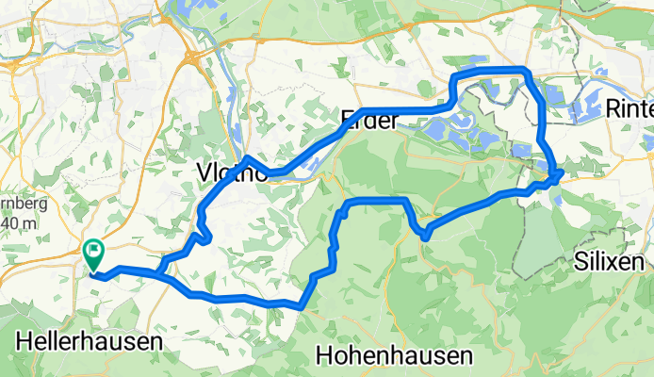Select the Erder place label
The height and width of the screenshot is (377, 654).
pyautogui.click(x=369, y=120)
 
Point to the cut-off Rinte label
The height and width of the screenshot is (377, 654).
pyautogui.click(x=629, y=108)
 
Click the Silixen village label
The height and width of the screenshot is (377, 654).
pyautogui.click(x=613, y=263)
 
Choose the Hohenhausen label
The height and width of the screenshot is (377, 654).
pyautogui.click(x=394, y=355)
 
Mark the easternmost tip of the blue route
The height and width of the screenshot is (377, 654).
pyautogui.click(x=562, y=172)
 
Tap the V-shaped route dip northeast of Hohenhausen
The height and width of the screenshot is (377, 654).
pyautogui.click(x=425, y=234)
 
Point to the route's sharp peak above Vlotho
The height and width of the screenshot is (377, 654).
pyautogui.click(x=246, y=157)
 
